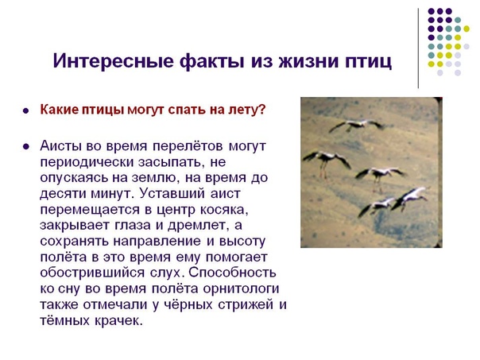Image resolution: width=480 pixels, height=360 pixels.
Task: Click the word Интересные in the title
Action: [x=114, y=60]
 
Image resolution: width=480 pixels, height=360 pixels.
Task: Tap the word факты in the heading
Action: [x=212, y=61]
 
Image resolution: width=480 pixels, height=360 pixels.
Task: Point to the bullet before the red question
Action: [x=26, y=110]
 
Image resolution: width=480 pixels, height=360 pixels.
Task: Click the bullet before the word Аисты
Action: [x=26, y=147]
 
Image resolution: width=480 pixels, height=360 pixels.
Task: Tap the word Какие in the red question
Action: [x=60, y=110]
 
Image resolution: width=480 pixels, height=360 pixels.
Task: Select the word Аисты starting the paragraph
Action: [x=60, y=146]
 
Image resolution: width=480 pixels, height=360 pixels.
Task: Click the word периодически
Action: [x=87, y=163]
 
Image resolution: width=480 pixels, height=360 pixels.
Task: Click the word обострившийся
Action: [x=92, y=273]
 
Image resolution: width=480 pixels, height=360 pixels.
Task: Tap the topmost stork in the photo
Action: [x=357, y=125]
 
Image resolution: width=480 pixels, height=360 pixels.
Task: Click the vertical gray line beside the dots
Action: [x=418, y=48]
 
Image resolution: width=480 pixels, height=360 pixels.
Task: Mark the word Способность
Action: [x=232, y=273]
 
